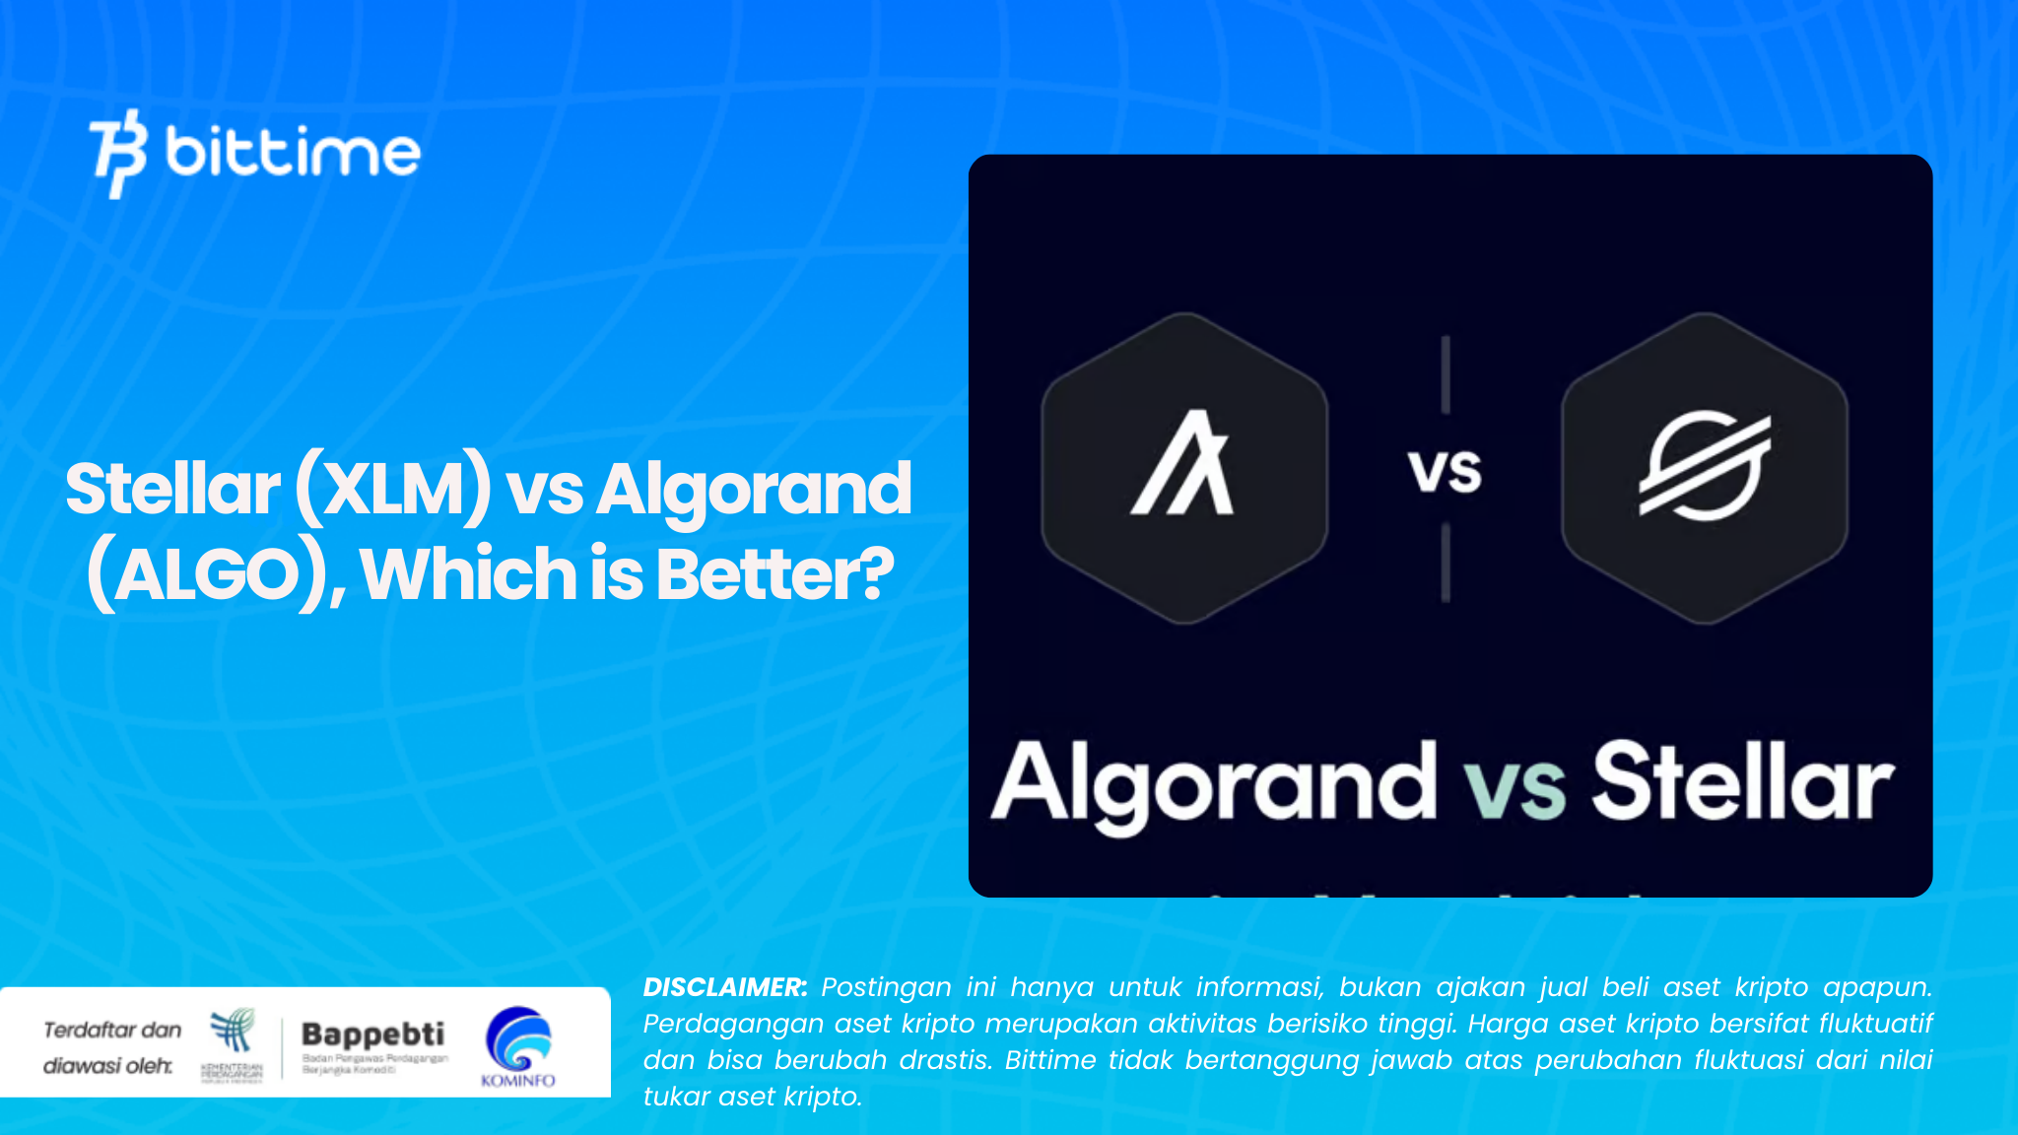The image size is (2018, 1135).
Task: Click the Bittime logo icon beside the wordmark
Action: click(x=119, y=153)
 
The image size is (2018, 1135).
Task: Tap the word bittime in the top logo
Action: click(x=293, y=152)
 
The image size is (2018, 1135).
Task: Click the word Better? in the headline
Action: click(x=774, y=574)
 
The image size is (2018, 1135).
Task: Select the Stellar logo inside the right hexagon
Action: click(x=1704, y=466)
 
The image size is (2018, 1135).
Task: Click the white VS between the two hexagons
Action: click(x=1445, y=471)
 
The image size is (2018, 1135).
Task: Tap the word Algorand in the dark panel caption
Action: click(x=1213, y=783)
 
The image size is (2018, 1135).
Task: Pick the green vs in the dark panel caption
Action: click(x=1514, y=787)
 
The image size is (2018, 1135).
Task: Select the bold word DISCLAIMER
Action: click(x=725, y=987)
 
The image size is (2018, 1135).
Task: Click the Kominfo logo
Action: click(x=518, y=1043)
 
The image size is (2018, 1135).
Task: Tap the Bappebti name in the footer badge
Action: click(x=372, y=1034)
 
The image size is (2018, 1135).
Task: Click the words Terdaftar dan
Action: click(x=112, y=1031)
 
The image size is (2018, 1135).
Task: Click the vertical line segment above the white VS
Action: click(x=1446, y=374)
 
